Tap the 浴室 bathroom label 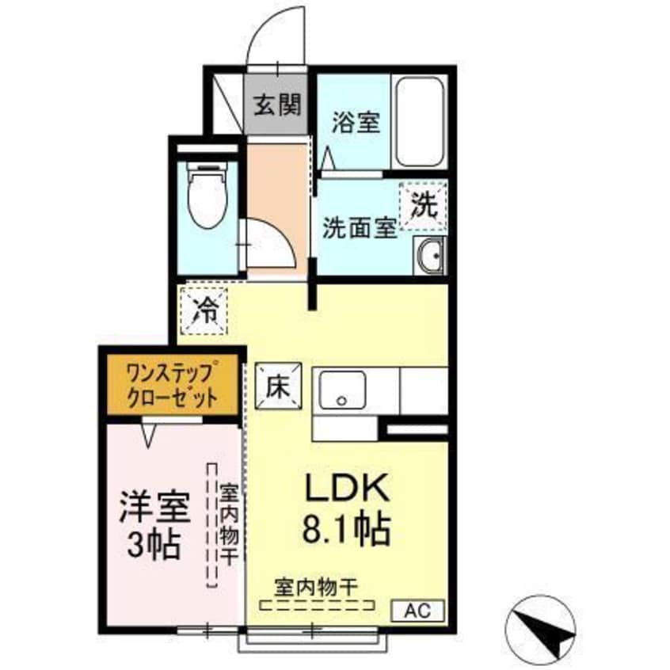coord(356,123)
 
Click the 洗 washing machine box coord(424,206)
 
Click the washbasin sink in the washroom coord(431,256)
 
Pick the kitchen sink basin coord(342,392)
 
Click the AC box coord(420,610)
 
